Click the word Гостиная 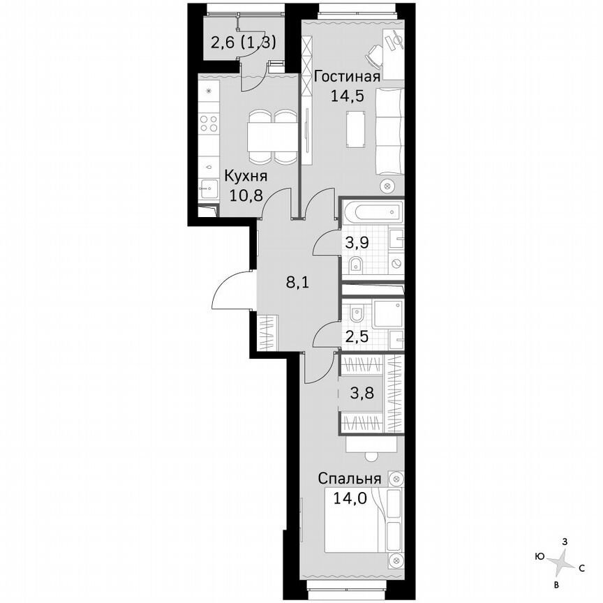(347, 77)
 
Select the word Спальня (350, 479)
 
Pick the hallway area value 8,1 (297, 283)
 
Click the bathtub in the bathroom (372, 210)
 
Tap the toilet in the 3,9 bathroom (355, 265)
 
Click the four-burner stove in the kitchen (209, 124)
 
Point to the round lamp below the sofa (389, 186)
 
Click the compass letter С (581, 567)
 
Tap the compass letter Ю (539, 556)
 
